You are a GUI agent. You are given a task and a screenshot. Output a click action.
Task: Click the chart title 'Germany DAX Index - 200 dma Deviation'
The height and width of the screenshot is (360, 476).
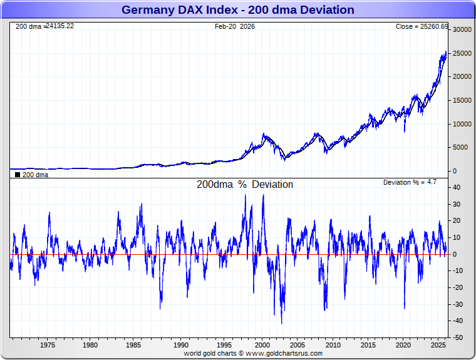tap(237, 10)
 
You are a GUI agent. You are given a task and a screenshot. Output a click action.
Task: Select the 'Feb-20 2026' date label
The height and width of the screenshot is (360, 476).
tap(235, 26)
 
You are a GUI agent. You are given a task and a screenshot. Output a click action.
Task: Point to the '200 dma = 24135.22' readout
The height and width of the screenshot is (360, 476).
tap(44, 26)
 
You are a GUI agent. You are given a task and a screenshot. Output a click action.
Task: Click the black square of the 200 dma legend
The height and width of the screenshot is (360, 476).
tap(18, 175)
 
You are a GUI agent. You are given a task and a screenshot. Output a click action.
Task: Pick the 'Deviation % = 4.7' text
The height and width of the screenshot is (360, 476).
tap(410, 182)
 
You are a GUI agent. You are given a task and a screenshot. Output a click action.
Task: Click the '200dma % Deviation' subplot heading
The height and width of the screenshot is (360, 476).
tap(245, 185)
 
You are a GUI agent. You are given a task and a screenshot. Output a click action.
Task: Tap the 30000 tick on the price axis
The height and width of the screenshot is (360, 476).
tap(462, 29)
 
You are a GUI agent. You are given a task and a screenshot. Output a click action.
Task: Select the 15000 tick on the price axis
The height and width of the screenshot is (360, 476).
tap(462, 100)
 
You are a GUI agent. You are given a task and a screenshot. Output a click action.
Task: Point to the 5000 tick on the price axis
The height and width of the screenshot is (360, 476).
tap(460, 148)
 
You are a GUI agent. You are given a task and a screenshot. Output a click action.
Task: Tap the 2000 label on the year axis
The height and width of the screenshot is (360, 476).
tap(263, 345)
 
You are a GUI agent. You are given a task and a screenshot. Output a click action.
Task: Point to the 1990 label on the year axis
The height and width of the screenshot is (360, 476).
tap(181, 345)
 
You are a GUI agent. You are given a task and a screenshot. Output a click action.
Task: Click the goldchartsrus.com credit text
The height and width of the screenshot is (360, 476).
tap(253, 353)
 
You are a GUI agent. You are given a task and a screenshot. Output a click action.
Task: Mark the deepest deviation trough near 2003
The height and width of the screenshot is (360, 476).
tap(281, 323)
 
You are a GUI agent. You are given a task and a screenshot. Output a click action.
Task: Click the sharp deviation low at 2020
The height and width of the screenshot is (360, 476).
tap(405, 308)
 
